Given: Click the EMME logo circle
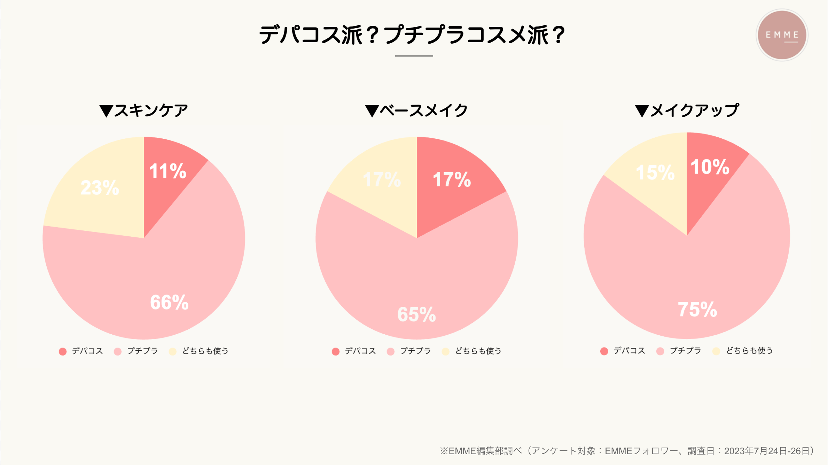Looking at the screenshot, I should pos(782,35).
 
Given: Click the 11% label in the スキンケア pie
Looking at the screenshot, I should pos(167,171).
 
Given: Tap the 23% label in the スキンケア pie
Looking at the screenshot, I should pos(100,188).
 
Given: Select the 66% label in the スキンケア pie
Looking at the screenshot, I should pos(169,302).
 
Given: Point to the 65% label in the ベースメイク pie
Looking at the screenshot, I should pos(416,314).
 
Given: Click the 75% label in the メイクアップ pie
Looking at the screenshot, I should pos(697,310).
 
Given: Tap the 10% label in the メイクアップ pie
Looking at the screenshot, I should pos(710,167).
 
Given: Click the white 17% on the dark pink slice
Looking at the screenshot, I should pos(452,180).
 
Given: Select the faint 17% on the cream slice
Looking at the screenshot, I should pos(382,180).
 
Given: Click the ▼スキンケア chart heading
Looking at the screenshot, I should pos(143,110).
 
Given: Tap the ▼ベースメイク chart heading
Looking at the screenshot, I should pos(416,110).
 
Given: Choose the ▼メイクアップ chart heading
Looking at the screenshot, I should pos(687,110).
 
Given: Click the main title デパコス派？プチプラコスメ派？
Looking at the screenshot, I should pos(413,35).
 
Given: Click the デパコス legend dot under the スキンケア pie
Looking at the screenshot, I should pos(63,351).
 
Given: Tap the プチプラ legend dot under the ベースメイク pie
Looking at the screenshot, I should pos(391,351).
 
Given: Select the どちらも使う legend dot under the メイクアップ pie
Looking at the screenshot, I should pos(716,351).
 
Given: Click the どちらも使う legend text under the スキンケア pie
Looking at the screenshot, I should pos(205,351).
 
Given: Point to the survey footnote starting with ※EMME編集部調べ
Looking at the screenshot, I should pos(627,451).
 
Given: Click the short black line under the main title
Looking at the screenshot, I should pos(414,56).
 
